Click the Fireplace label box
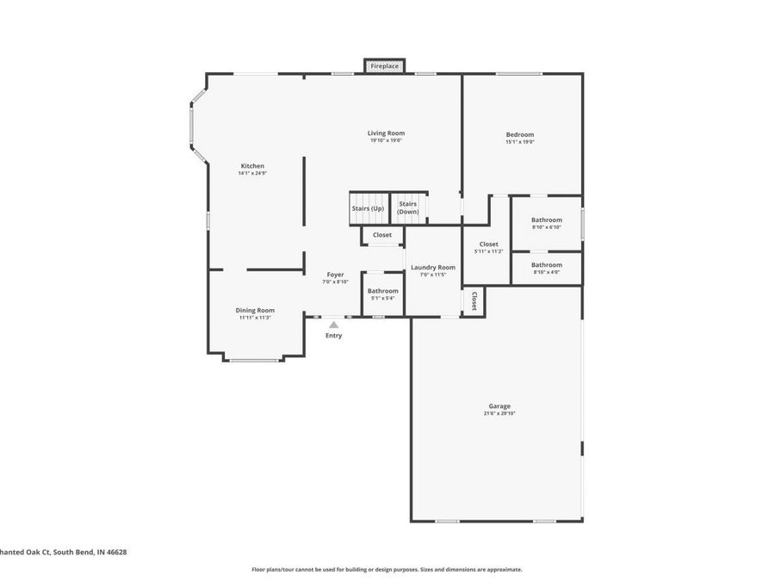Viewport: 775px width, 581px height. (x=385, y=66)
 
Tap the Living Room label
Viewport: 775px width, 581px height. (x=386, y=133)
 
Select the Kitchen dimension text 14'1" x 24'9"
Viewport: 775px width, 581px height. (x=252, y=173)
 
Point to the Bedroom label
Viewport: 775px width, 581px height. (x=519, y=134)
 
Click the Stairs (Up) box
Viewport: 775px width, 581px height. (x=368, y=208)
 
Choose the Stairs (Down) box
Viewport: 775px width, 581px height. (x=408, y=208)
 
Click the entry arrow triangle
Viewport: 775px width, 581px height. (x=333, y=324)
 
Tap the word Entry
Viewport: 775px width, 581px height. (x=333, y=336)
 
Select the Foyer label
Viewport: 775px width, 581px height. (x=335, y=275)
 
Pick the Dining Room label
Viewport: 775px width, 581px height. (x=255, y=310)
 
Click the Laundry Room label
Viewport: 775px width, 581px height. (x=432, y=268)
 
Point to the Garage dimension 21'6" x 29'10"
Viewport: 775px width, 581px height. (x=499, y=414)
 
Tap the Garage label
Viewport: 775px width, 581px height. (x=499, y=406)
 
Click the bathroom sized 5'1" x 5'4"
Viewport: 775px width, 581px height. (x=383, y=294)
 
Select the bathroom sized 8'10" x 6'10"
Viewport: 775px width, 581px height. (x=546, y=223)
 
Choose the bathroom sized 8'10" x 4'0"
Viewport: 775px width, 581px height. (x=546, y=268)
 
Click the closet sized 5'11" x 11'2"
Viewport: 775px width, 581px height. (x=488, y=247)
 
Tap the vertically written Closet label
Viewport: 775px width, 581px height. (x=474, y=301)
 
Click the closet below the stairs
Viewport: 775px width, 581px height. (x=382, y=235)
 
